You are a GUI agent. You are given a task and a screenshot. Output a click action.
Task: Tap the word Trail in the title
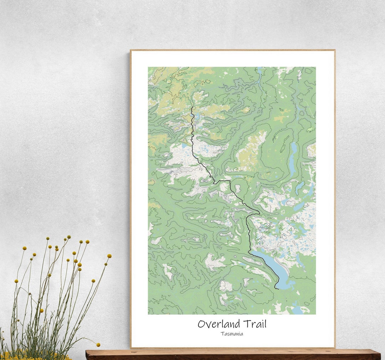(x=255, y=324)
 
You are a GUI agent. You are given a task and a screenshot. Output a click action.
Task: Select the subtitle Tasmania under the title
(x=232, y=334)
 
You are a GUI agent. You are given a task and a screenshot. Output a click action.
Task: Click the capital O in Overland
(x=202, y=324)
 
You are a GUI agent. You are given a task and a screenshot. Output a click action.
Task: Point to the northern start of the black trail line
(x=192, y=107)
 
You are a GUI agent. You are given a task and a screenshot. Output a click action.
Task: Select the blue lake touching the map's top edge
(x=259, y=70)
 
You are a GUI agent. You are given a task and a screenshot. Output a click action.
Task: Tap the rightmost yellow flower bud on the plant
(x=109, y=256)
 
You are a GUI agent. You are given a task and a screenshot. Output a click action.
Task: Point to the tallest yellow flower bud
(x=68, y=237)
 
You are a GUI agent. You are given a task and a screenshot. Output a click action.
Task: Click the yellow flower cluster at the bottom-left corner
(x=11, y=356)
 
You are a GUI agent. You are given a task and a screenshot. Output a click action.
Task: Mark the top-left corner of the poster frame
(x=130, y=50)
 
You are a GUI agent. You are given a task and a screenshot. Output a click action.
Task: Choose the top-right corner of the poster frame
(x=335, y=50)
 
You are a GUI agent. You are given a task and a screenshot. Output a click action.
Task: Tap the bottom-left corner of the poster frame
(x=130, y=348)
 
